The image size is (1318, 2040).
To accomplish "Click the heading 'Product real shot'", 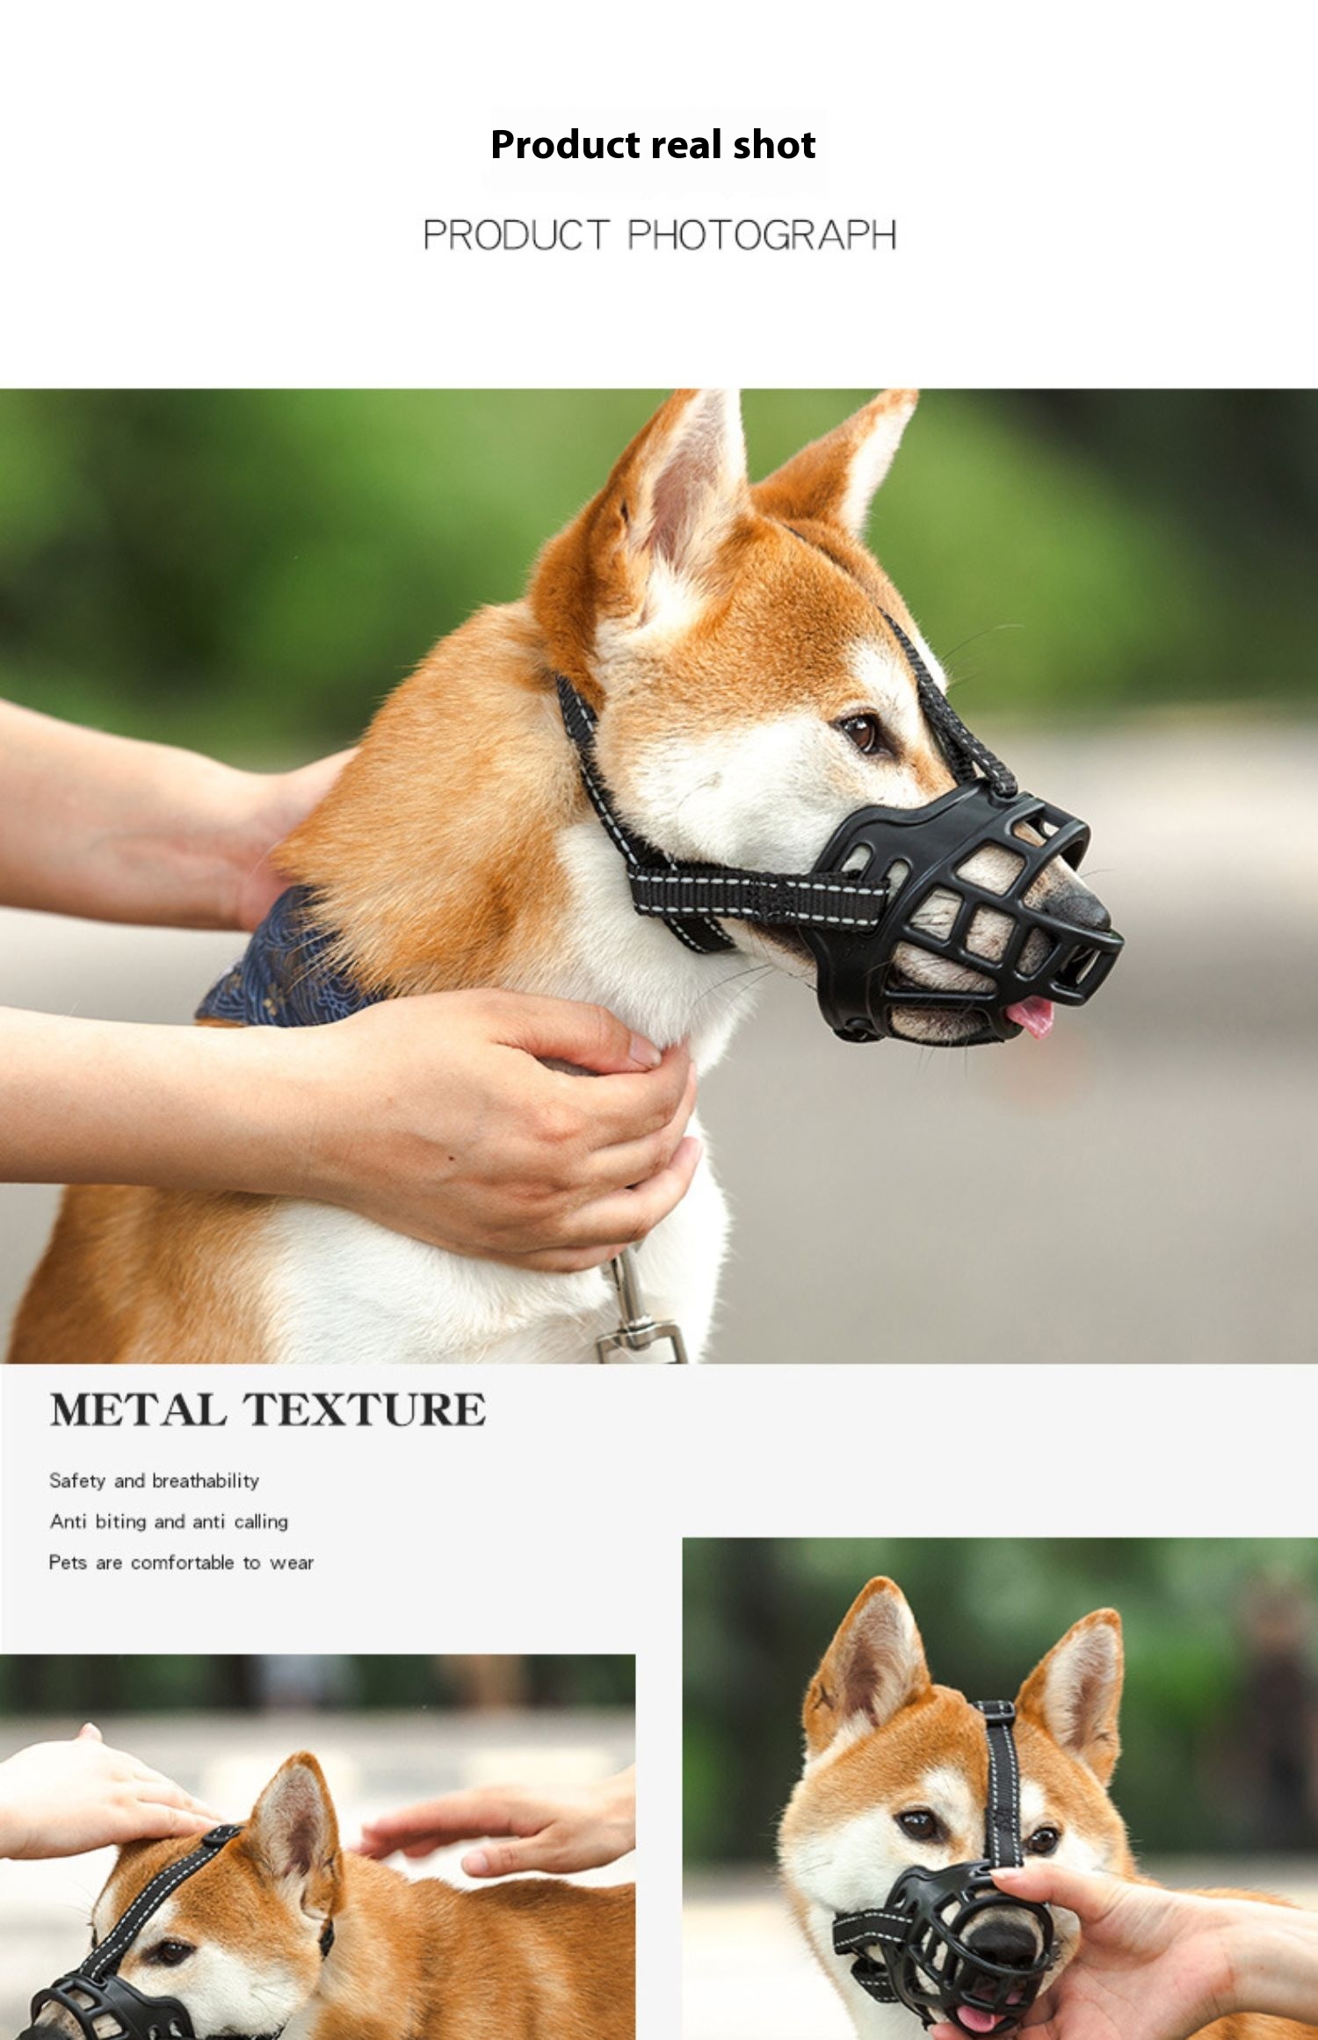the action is pos(653,145).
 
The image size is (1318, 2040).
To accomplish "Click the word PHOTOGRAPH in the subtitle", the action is pos(762,235).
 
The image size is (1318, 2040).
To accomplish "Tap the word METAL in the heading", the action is pos(138,1409).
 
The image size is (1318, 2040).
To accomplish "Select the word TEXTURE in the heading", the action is pos(364,1409).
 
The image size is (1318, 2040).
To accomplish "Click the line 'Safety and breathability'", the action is pos(154,1481).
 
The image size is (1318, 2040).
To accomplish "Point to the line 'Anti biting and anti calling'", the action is pos(169,1522).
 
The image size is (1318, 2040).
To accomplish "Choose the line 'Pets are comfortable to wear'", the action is pos(181,1562).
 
